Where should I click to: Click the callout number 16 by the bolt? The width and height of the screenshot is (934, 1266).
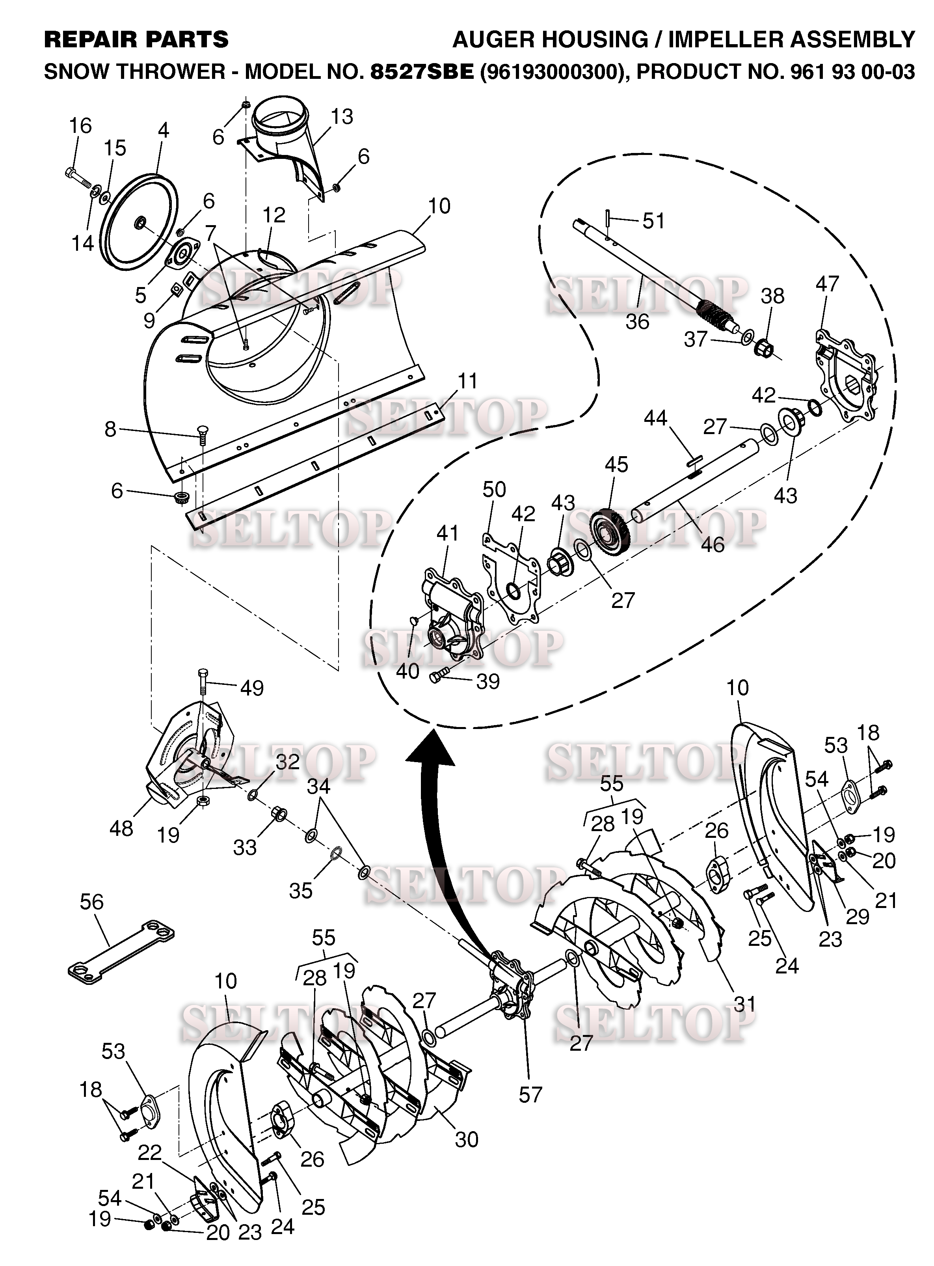tap(80, 126)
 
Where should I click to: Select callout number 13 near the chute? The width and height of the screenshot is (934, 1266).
tap(342, 117)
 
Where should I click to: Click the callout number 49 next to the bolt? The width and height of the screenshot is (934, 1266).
tap(252, 688)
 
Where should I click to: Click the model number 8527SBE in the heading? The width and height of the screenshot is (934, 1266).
tap(422, 72)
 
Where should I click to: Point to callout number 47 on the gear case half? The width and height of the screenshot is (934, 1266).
tap(827, 283)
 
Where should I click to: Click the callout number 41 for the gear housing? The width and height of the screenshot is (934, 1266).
tap(448, 533)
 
